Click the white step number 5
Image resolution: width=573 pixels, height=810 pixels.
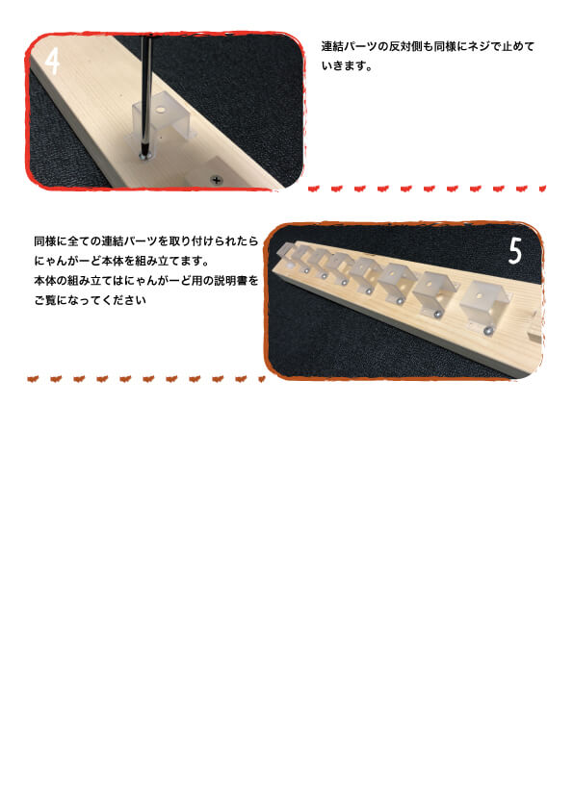coord(515,251)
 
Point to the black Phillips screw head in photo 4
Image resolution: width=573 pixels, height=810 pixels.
coord(217,180)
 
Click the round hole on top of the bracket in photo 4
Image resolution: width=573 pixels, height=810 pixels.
coord(158,111)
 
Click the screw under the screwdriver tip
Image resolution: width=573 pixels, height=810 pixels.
coord(144,155)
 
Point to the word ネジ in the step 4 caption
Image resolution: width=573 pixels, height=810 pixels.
coord(480,46)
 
